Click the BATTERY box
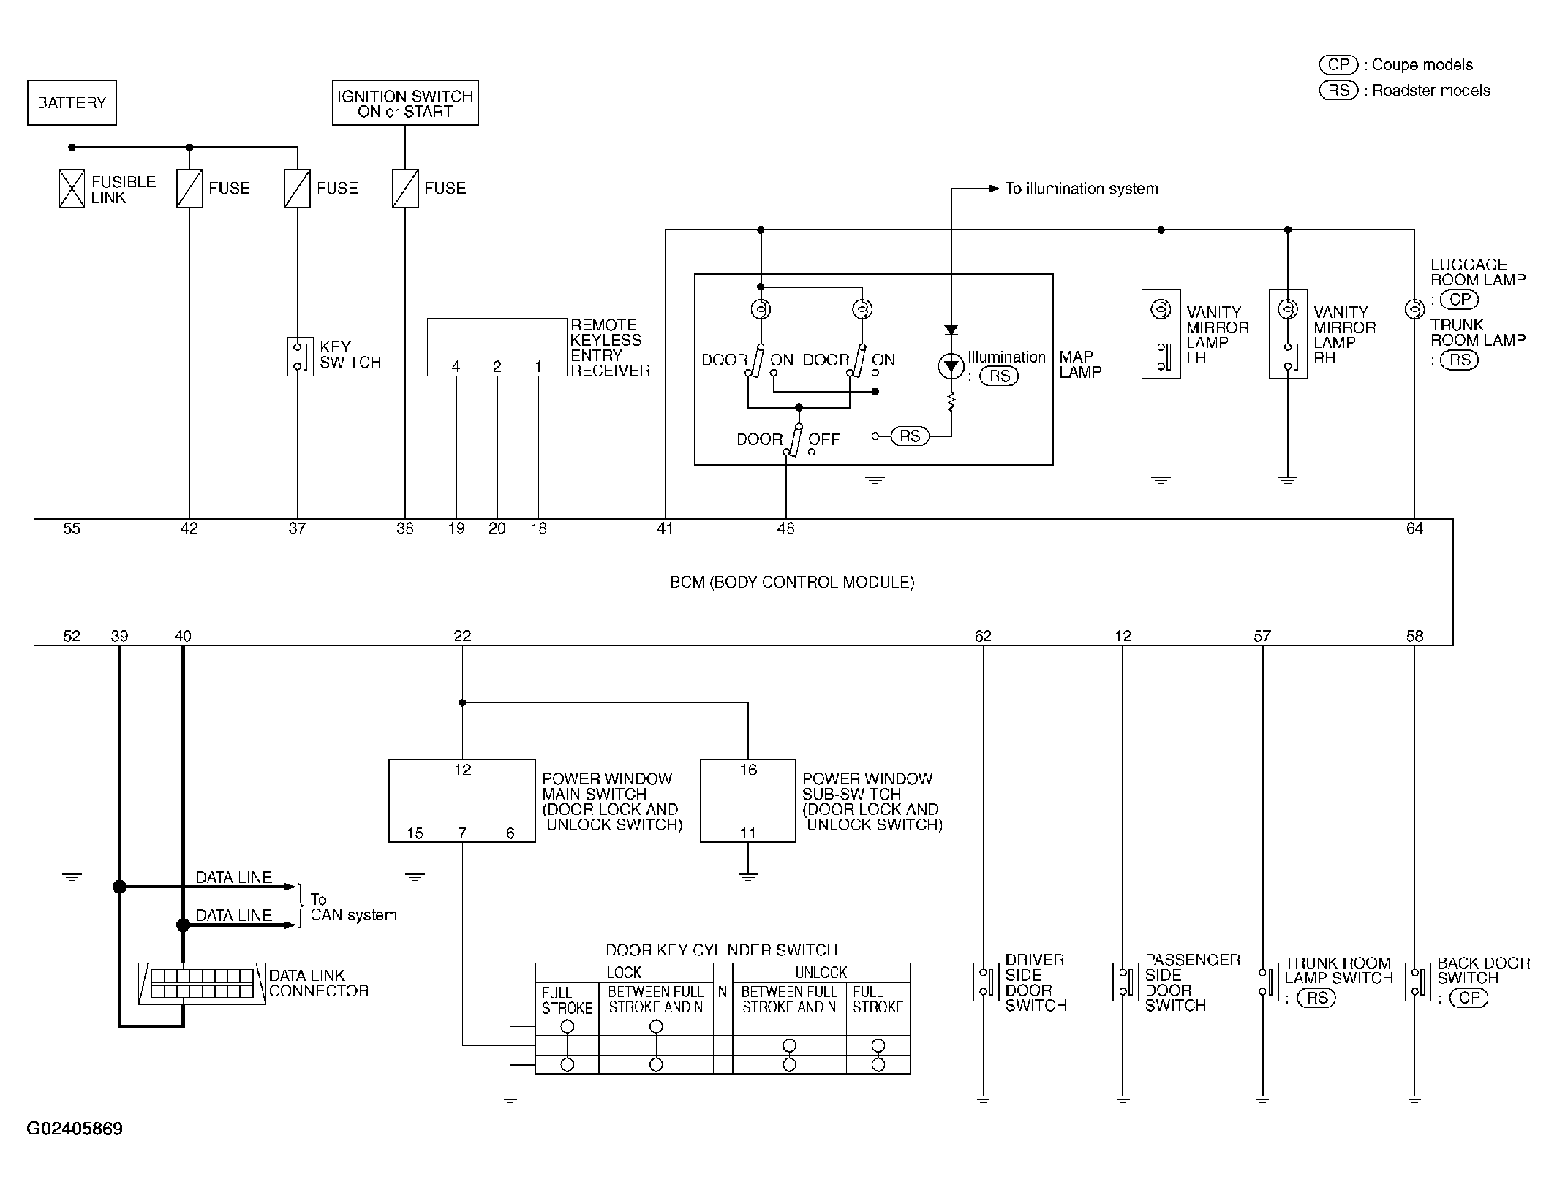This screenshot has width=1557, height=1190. [x=72, y=102]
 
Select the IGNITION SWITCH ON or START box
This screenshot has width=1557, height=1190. [x=405, y=102]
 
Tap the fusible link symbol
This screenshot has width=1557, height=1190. [x=72, y=189]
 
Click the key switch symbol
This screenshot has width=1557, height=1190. [x=300, y=357]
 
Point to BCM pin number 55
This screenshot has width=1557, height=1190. [x=72, y=528]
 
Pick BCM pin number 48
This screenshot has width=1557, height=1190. [x=786, y=528]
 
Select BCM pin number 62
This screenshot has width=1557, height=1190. [x=983, y=636]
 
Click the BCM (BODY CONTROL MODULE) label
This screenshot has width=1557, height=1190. [x=793, y=583]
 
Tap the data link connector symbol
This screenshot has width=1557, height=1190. [x=202, y=984]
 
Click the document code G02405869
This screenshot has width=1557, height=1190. [x=75, y=1129]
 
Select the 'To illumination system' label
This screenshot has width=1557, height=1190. [x=1082, y=189]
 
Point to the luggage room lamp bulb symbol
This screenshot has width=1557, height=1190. [x=1414, y=309]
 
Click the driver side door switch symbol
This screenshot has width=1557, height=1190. [x=986, y=982]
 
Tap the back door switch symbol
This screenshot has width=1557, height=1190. [x=1418, y=982]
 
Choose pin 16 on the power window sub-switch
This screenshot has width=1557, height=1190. [x=748, y=770]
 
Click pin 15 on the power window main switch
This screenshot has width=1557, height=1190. [x=415, y=833]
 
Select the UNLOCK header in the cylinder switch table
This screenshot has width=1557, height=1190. [x=821, y=973]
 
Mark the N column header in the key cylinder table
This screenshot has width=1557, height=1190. [x=723, y=992]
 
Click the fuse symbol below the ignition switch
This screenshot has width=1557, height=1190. [x=405, y=189]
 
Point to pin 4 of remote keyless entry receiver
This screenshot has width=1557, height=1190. [x=456, y=367]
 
